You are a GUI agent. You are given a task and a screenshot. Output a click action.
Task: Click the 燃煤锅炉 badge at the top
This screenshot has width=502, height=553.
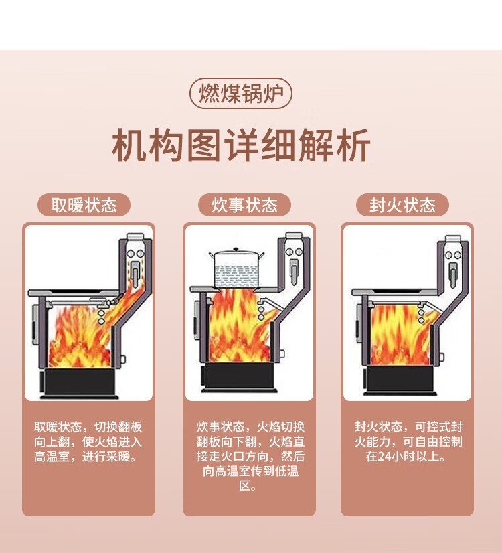click(241, 94)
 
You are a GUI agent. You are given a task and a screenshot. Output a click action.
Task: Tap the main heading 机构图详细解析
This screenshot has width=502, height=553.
click(241, 147)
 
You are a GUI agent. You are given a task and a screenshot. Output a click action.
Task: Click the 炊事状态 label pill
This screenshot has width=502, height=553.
click(244, 205)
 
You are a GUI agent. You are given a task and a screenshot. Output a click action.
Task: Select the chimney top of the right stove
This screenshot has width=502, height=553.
click(453, 239)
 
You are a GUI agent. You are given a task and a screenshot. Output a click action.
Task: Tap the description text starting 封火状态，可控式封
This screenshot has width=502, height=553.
click(408, 442)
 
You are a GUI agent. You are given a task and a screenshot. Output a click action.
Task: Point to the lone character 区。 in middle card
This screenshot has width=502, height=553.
click(248, 487)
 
